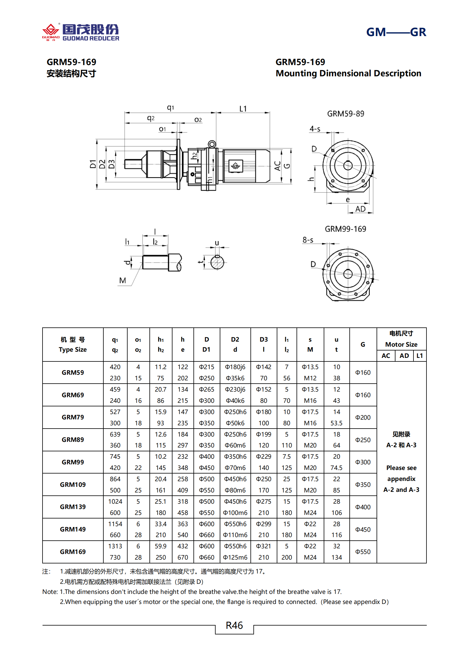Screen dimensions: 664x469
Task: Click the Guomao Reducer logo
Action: pyautogui.click(x=80, y=32)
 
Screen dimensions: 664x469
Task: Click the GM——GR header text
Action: pyautogui.click(x=396, y=32)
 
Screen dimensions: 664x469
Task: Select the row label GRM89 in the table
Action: pyautogui.click(x=73, y=440)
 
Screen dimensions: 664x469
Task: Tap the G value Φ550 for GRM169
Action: pyautogui.click(x=363, y=552)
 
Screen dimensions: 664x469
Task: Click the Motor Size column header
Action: pyautogui.click(x=401, y=344)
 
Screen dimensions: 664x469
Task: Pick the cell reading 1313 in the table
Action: pyautogui.click(x=115, y=546)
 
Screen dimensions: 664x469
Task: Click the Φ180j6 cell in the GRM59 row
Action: pyautogui.click(x=235, y=367)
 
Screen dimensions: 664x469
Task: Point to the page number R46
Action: pyautogui.click(x=234, y=625)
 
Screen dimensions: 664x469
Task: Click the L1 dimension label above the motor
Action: pyautogui.click(x=243, y=109)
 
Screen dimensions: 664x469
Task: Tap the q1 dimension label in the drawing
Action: pyautogui.click(x=170, y=107)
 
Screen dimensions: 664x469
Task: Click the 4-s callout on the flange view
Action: pyautogui.click(x=315, y=129)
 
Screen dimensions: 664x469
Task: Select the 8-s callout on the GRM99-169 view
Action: pyautogui.click(x=308, y=240)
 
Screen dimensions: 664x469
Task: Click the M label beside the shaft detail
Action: pyautogui.click(x=123, y=280)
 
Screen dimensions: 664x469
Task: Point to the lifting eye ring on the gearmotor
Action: pyautogui.click(x=212, y=144)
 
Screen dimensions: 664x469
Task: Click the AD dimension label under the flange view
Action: pyautogui.click(x=360, y=209)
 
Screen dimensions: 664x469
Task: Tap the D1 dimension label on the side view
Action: pyautogui.click(x=93, y=164)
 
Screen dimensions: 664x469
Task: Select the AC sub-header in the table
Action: pyautogui.click(x=386, y=356)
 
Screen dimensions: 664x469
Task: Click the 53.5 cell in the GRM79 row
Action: pyautogui.click(x=336, y=423)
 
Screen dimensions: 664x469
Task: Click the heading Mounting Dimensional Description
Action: pyautogui.click(x=348, y=73)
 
